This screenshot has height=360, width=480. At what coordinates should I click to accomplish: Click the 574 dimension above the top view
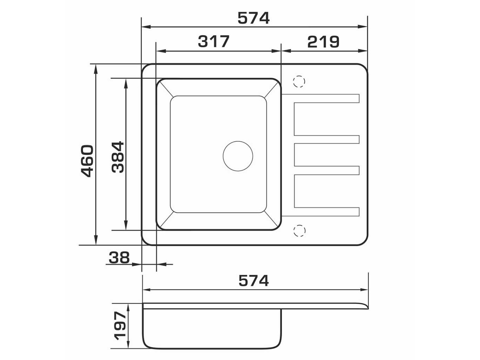[x=253, y=18]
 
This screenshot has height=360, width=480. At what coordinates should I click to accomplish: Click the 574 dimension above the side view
[x=254, y=281]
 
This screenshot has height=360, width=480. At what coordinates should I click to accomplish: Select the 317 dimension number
[x=213, y=42]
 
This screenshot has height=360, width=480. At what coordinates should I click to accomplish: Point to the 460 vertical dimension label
[x=87, y=161]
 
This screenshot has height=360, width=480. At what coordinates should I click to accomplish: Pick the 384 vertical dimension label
[x=118, y=157]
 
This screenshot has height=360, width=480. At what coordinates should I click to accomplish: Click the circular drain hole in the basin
[x=238, y=156]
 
